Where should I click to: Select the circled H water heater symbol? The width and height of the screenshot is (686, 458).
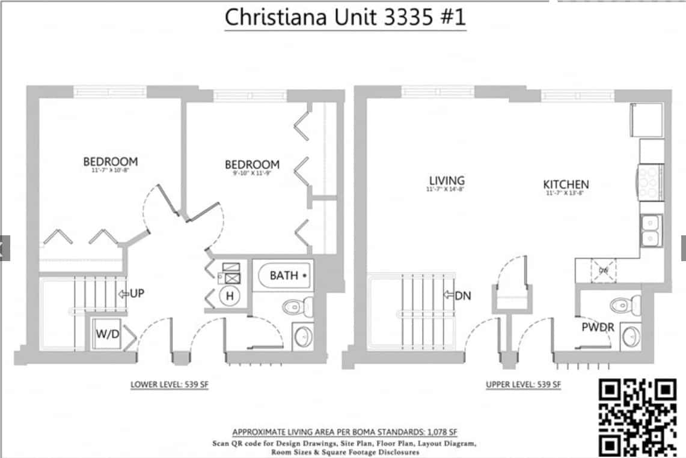[x=229, y=295]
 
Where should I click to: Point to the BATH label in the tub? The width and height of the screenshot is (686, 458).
[x=284, y=276]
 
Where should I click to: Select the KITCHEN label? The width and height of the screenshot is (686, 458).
[x=566, y=184]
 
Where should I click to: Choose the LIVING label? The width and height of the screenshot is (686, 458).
[x=447, y=180]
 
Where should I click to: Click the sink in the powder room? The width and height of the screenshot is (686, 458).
[x=630, y=336]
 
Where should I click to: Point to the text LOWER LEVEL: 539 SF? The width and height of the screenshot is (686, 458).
[x=170, y=385]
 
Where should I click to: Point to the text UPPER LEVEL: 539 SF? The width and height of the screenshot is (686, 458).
[x=524, y=385]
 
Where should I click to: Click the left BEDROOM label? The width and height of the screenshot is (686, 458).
[x=110, y=161]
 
